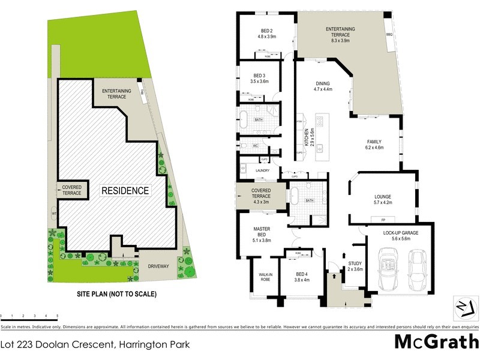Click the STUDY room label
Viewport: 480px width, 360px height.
tap(355, 266)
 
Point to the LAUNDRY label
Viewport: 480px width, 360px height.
tap(263, 170)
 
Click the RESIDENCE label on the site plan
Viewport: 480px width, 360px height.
tap(124, 191)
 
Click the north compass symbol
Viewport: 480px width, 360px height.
tap(461, 305)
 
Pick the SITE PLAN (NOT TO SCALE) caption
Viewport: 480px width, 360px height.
tap(116, 294)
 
